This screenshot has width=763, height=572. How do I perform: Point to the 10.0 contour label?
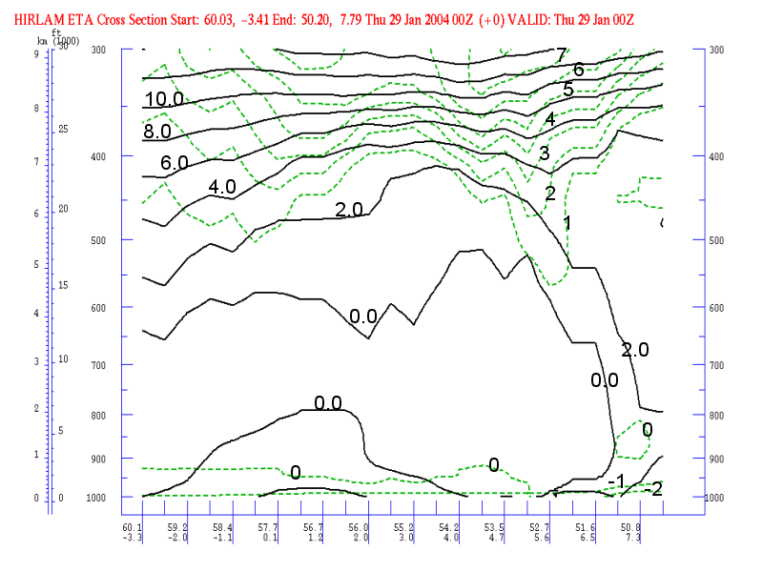[164, 99]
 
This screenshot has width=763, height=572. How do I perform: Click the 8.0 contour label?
[157, 131]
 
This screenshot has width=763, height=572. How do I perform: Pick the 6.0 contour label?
[174, 163]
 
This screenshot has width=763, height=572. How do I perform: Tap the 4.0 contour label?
[221, 187]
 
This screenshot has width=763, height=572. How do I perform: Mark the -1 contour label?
[617, 480]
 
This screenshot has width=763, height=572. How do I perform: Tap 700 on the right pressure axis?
[716, 366]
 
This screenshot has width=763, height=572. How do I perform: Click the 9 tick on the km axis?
[36, 54]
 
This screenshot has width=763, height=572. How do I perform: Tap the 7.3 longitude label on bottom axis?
[632, 538]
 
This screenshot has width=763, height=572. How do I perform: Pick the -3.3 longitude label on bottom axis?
[131, 538]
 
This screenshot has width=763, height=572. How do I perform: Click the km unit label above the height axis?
[42, 41]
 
